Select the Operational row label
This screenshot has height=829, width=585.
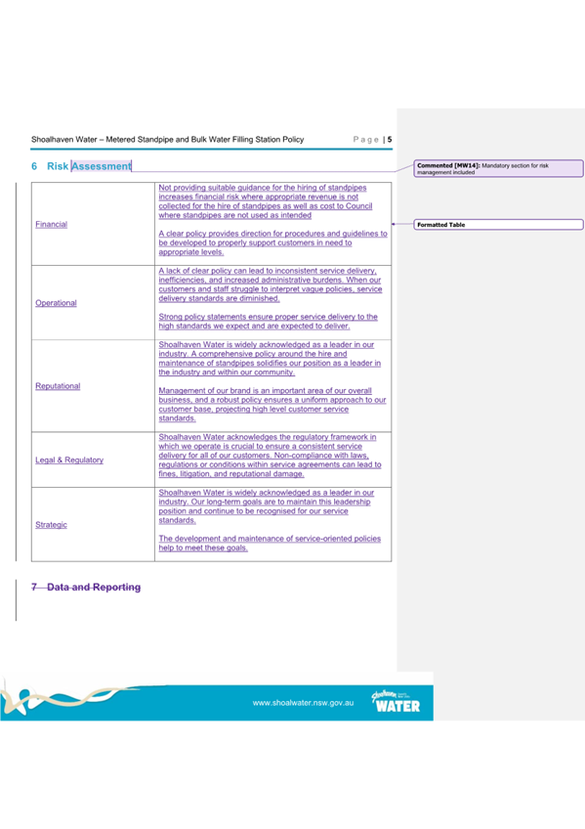tap(56, 303)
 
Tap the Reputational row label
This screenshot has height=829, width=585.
tap(58, 386)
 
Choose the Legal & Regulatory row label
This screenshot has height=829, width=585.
tap(69, 459)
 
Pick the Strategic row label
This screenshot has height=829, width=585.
tap(51, 525)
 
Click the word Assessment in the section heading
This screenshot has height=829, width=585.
tap(102, 166)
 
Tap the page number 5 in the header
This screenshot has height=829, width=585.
tap(389, 140)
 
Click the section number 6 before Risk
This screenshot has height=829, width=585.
tap(34, 166)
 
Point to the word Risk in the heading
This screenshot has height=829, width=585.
tap(57, 166)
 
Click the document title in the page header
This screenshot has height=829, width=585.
tap(167, 140)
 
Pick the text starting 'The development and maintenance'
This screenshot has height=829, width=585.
tap(270, 544)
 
